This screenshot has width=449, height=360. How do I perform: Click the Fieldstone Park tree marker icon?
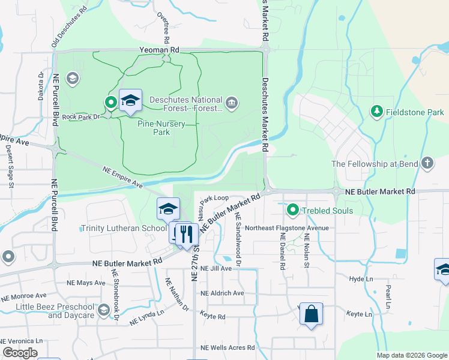tap(377, 111)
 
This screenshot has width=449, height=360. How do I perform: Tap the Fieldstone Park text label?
tap(414, 112)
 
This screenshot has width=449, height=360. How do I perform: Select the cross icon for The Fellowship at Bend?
tap(427, 163)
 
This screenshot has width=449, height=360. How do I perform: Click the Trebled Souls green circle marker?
tap(293, 210)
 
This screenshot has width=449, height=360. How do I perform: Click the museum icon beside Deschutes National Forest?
tap(232, 104)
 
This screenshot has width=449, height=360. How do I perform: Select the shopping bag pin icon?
tap(311, 314)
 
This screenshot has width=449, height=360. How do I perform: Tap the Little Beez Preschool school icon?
tap(104, 310)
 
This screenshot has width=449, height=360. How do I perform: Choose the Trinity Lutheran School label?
tap(124, 229)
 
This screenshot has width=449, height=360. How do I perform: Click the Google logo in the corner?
tap(20, 353)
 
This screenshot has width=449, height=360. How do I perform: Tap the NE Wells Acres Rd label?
tap(228, 348)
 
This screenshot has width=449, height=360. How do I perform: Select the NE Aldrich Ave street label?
tap(222, 293)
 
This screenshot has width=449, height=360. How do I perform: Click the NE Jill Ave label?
tap(216, 268)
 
